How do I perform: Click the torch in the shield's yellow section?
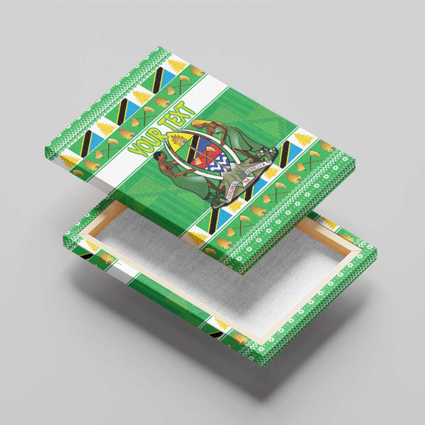(179, 141)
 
